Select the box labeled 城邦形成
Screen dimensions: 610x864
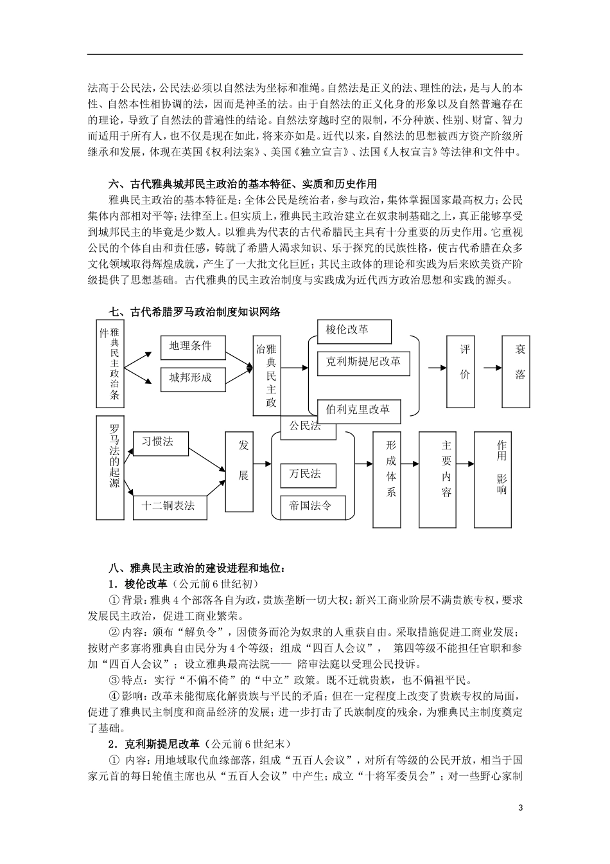point(193,377)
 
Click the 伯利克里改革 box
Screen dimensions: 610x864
point(359,409)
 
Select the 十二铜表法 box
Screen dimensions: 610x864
point(169,505)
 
